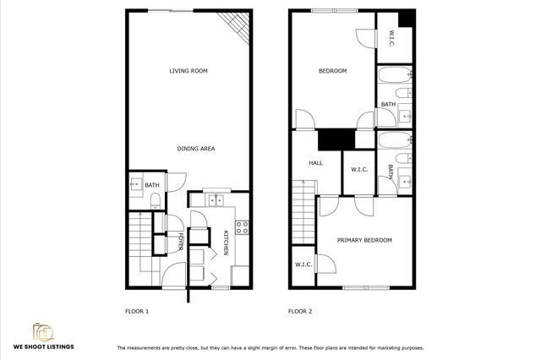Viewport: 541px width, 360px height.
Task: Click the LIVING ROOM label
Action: pos(189,71)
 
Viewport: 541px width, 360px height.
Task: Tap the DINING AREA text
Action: pos(195,149)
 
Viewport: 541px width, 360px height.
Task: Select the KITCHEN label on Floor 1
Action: pos(226,243)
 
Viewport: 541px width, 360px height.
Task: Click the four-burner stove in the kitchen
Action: pos(241,226)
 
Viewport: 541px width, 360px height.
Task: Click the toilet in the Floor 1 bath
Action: pos(156,199)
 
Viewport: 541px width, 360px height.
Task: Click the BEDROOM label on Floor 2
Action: pos(332,71)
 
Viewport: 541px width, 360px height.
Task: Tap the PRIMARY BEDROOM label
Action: pos(364,241)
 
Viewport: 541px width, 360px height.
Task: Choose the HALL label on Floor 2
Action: pos(315,163)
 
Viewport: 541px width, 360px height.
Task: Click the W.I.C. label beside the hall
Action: pos(358,170)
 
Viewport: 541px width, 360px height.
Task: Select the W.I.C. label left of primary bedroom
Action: pos(303,265)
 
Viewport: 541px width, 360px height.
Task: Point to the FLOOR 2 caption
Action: pos(300,312)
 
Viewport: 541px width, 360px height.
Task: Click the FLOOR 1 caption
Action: pos(136,312)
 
